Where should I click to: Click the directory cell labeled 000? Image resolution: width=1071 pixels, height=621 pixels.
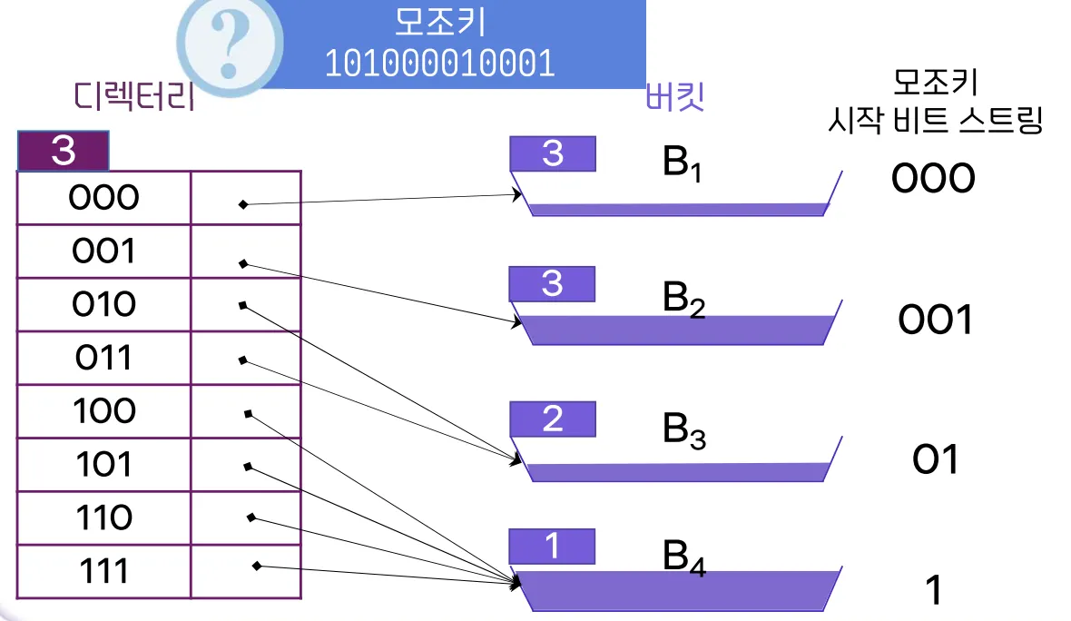pyautogui.click(x=103, y=197)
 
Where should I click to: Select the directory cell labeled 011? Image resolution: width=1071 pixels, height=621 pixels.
pyautogui.click(x=103, y=357)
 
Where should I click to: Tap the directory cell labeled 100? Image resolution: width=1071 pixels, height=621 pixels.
pyautogui.click(x=103, y=410)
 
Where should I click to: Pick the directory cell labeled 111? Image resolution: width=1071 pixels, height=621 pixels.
pyautogui.click(x=103, y=571)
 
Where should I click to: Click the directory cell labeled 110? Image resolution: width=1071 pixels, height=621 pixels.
pyautogui.click(x=103, y=517)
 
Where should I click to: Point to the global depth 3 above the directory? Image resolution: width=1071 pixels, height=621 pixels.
pyautogui.click(x=64, y=152)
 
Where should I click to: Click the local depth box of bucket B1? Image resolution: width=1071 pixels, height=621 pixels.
pyautogui.click(x=553, y=154)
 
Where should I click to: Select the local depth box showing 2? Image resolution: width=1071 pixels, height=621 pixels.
pyautogui.click(x=553, y=419)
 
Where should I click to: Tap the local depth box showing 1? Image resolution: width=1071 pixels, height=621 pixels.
pyautogui.click(x=553, y=547)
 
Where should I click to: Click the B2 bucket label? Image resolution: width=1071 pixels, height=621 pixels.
pyautogui.click(x=683, y=300)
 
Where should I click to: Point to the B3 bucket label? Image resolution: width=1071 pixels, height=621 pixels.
pyautogui.click(x=683, y=429)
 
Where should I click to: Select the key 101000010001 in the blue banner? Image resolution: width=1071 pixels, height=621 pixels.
pyautogui.click(x=440, y=64)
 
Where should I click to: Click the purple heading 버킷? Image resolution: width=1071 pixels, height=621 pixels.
pyautogui.click(x=674, y=97)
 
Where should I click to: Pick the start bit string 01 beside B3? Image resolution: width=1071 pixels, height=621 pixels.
pyautogui.click(x=935, y=460)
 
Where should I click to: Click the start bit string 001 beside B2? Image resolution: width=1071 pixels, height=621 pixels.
pyautogui.click(x=935, y=320)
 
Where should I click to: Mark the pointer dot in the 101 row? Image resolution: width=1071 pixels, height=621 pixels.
pyautogui.click(x=248, y=467)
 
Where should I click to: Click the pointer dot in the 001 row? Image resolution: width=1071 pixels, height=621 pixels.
pyautogui.click(x=243, y=263)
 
